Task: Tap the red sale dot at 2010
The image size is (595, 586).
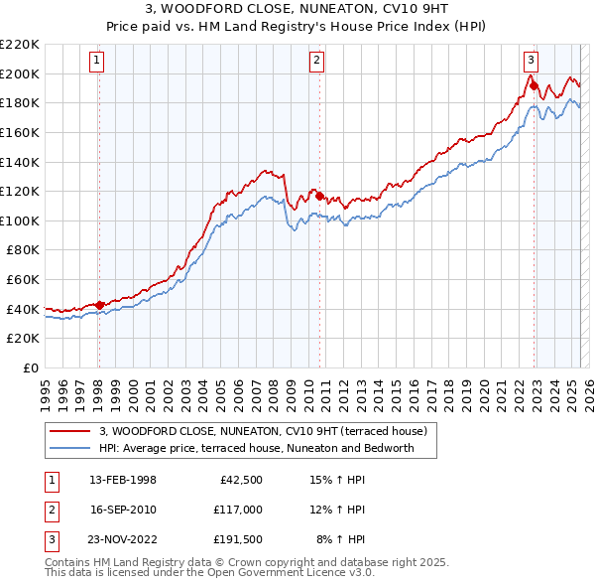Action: pos(319,196)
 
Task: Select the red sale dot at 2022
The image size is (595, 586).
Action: pos(534,85)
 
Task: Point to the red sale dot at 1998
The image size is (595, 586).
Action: pos(99,305)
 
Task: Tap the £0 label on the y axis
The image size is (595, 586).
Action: pos(30,367)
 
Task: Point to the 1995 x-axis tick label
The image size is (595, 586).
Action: pos(46,389)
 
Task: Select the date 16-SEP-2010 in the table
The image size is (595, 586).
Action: pos(123,510)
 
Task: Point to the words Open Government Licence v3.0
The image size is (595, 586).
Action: pos(298,572)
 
